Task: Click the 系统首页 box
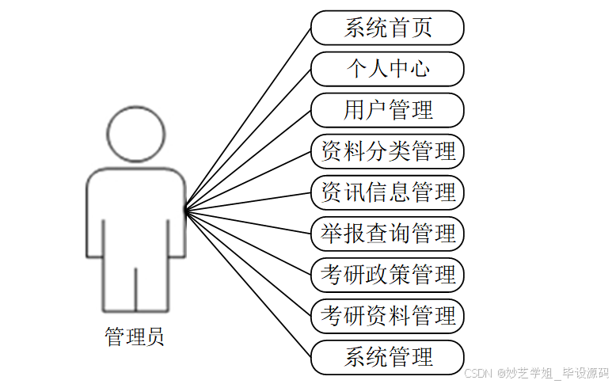(387, 28)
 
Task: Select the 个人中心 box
(387, 69)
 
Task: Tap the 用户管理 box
(387, 110)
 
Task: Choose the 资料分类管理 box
(387, 151)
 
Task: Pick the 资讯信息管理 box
(387, 192)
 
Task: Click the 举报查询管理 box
(387, 234)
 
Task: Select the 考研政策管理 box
(387, 275)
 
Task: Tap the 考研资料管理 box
(387, 316)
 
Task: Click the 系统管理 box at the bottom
(387, 357)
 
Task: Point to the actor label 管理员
(135, 337)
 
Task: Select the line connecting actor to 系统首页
(248, 120)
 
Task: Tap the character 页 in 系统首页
(422, 28)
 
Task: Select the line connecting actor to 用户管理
(248, 161)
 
